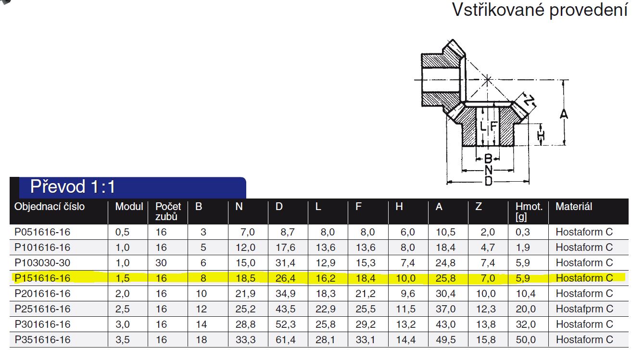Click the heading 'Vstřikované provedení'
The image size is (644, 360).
click(x=540, y=11)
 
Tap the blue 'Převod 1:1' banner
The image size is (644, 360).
click(x=132, y=187)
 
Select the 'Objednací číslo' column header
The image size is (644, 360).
click(x=50, y=207)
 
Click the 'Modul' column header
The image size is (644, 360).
click(x=129, y=207)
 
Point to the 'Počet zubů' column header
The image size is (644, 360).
click(x=168, y=211)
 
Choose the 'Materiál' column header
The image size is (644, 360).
click(x=574, y=207)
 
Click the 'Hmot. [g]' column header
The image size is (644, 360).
click(x=529, y=211)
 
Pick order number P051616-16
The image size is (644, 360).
click(x=42, y=232)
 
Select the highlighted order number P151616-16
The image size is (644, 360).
click(x=42, y=278)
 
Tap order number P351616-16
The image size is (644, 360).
click(x=42, y=340)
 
